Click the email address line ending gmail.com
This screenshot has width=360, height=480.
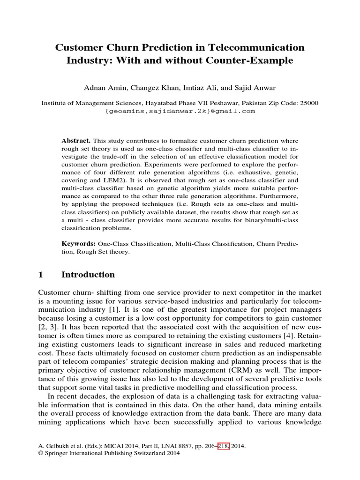point(180,111)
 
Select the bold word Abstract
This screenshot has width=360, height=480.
point(77,141)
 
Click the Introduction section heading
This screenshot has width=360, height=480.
point(88,275)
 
